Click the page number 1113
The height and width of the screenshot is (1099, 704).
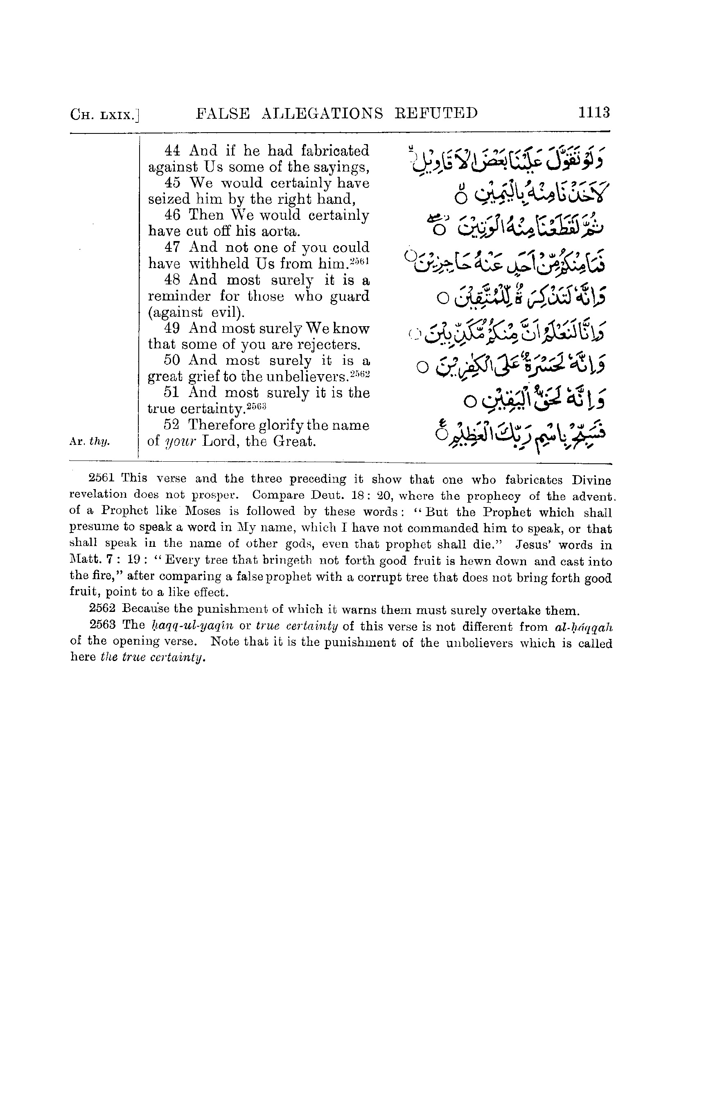(594, 113)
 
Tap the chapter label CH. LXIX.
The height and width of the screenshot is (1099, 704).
(105, 114)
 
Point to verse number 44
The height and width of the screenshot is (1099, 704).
(172, 151)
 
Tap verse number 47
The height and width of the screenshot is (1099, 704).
(172, 247)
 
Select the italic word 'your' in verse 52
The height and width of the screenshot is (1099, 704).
(179, 442)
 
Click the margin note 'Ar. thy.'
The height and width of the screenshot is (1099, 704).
(90, 442)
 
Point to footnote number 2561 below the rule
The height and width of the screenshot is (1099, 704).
(102, 478)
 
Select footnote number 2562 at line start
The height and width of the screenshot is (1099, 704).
(102, 609)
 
